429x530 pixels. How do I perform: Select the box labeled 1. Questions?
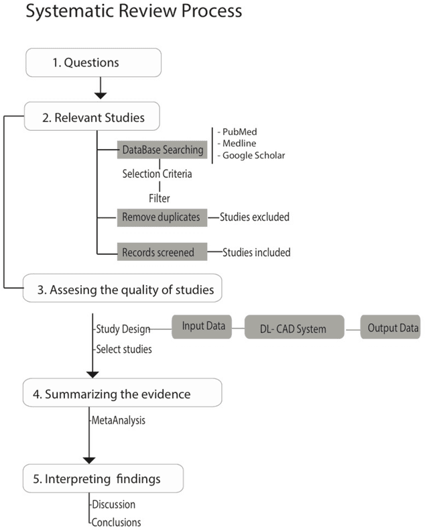point(94,63)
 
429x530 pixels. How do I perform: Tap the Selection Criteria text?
point(157,173)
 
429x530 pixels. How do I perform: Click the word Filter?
point(160,199)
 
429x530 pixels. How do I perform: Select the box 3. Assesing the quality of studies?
point(122,290)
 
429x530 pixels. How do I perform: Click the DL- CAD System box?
point(294,328)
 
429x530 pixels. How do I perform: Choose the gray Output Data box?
point(390,327)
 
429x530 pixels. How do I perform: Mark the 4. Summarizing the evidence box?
point(122,394)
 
